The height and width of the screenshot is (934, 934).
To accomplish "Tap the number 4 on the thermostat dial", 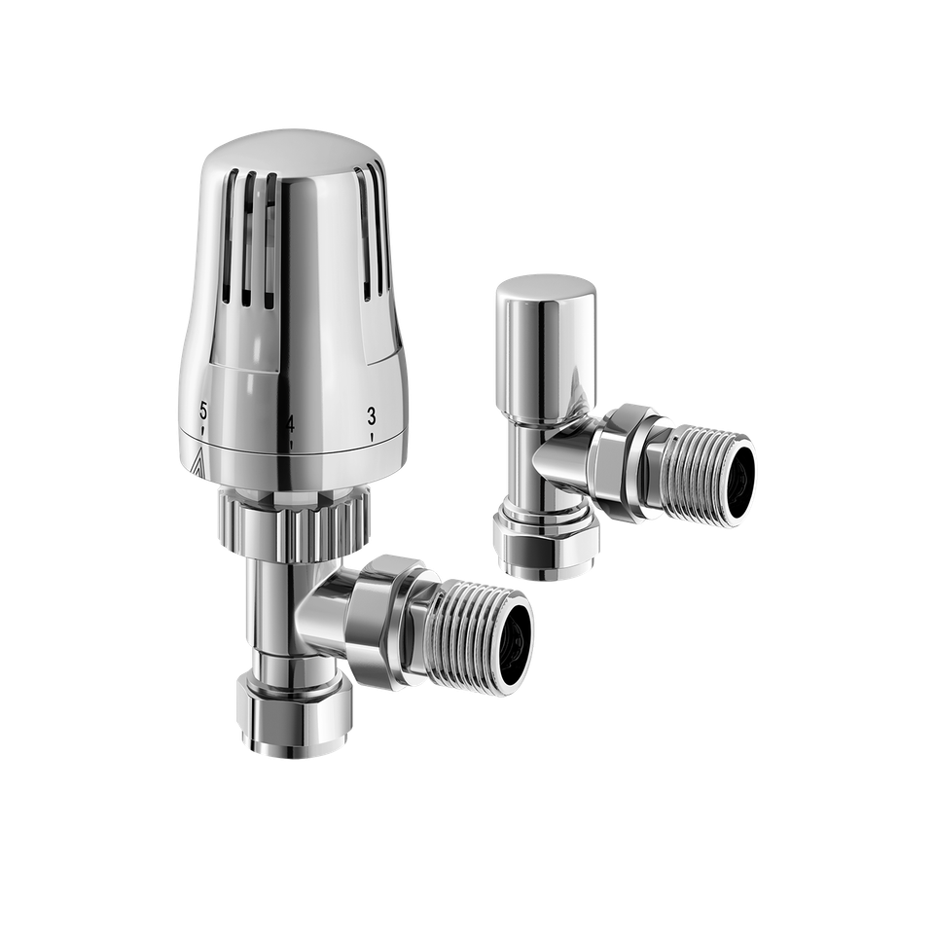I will coord(289,424).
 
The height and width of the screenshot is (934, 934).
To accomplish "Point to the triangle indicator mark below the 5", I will coord(198,465).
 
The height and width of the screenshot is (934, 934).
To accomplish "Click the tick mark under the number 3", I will coord(372,439).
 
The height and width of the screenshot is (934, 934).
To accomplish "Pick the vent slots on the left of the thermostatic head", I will coord(255,233).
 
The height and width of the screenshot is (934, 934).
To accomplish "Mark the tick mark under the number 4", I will coord(290,446).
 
